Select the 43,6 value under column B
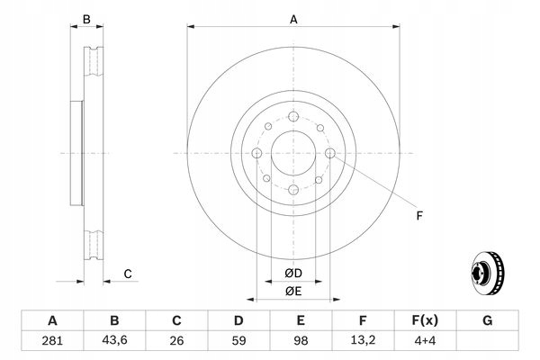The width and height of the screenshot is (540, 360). [x=114, y=341]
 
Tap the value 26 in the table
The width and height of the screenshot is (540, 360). [x=176, y=341]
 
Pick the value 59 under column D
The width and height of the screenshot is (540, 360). [x=238, y=341]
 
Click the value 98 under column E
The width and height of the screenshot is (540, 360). [x=301, y=341]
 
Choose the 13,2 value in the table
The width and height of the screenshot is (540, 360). [x=363, y=341]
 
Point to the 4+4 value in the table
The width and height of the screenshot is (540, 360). [x=425, y=341]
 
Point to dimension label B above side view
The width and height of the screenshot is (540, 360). [x=86, y=19]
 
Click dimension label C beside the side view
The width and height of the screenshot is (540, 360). [x=128, y=274]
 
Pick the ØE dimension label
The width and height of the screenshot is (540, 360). [x=294, y=291]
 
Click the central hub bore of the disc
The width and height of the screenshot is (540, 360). [x=293, y=154]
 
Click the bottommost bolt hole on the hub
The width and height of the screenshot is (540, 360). [x=293, y=191]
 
